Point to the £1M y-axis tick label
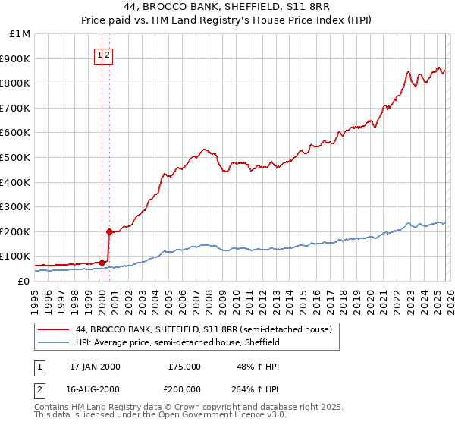pos(20,34)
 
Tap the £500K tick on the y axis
pos(17,157)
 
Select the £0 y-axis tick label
pos(24,281)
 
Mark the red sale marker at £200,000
pos(109,231)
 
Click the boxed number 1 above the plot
pos(99,55)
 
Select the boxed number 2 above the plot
pos(108,55)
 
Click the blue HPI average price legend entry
pos(177,342)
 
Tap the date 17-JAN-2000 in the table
pos(95,367)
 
